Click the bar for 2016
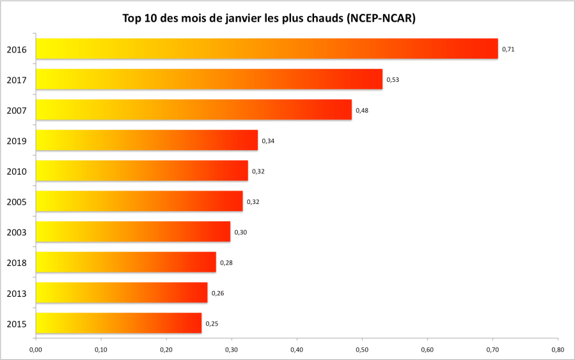pyautogui.click(x=267, y=49)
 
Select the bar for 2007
pyautogui.click(x=194, y=109)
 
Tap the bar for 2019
pyautogui.click(x=146, y=140)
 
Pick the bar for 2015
pyautogui.click(x=118, y=323)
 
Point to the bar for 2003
pyautogui.click(x=133, y=231)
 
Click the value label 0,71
pyautogui.click(x=508, y=49)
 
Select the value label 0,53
pyautogui.click(x=393, y=80)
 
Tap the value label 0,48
pyautogui.click(x=362, y=110)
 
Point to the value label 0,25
pyautogui.click(x=212, y=324)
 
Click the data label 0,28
pyautogui.click(x=226, y=262)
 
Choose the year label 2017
pyautogui.click(x=16, y=80)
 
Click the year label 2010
pyautogui.click(x=16, y=171)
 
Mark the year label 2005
pyautogui.click(x=16, y=202)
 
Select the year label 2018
pyautogui.click(x=16, y=263)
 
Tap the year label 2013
pyautogui.click(x=16, y=293)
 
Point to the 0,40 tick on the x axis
pyautogui.click(x=297, y=350)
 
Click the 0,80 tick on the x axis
pyautogui.click(x=558, y=350)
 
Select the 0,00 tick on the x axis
pyautogui.click(x=36, y=350)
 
